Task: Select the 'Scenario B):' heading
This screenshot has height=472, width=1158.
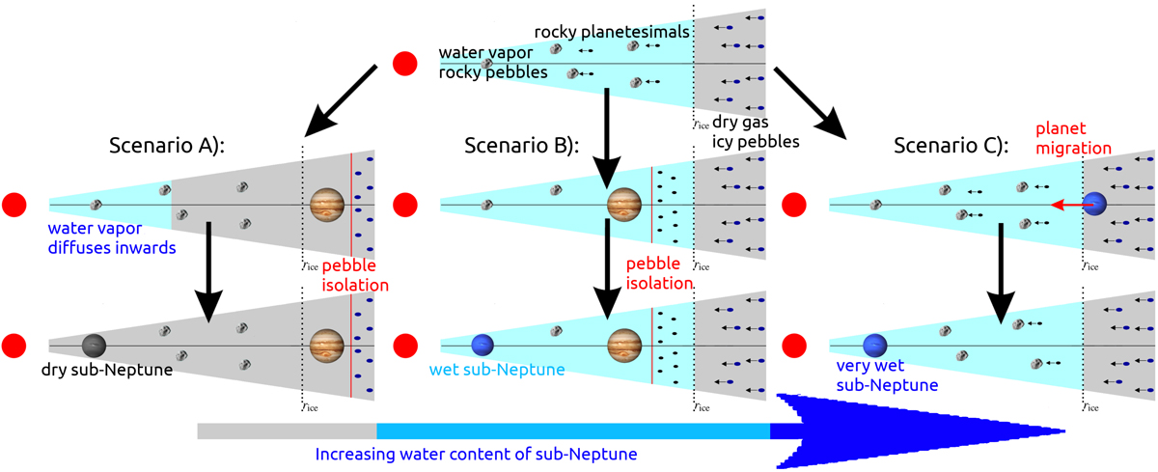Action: tap(520, 147)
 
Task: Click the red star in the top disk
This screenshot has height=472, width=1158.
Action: tap(406, 65)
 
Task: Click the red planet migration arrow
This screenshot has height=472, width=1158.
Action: tap(1066, 205)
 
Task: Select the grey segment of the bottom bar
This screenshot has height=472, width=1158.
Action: tap(286, 430)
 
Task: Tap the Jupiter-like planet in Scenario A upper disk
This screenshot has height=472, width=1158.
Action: tap(327, 205)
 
